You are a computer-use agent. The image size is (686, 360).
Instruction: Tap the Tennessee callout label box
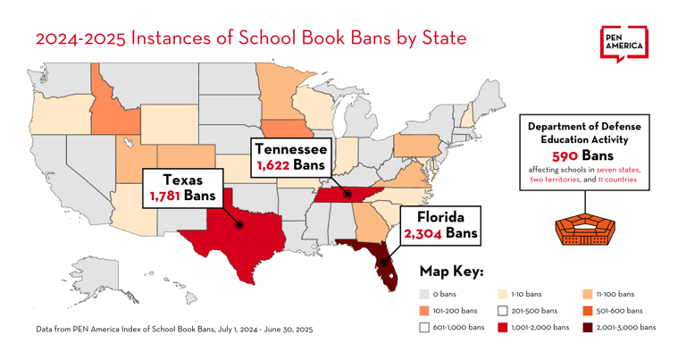click(x=290, y=156)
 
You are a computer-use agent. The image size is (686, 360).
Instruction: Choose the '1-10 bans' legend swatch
click(x=503, y=294)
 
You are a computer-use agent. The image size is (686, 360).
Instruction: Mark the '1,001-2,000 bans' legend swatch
click(x=503, y=328)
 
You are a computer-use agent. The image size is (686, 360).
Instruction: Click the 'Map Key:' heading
click(x=451, y=271)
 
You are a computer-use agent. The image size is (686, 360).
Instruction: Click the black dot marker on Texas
click(x=239, y=225)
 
